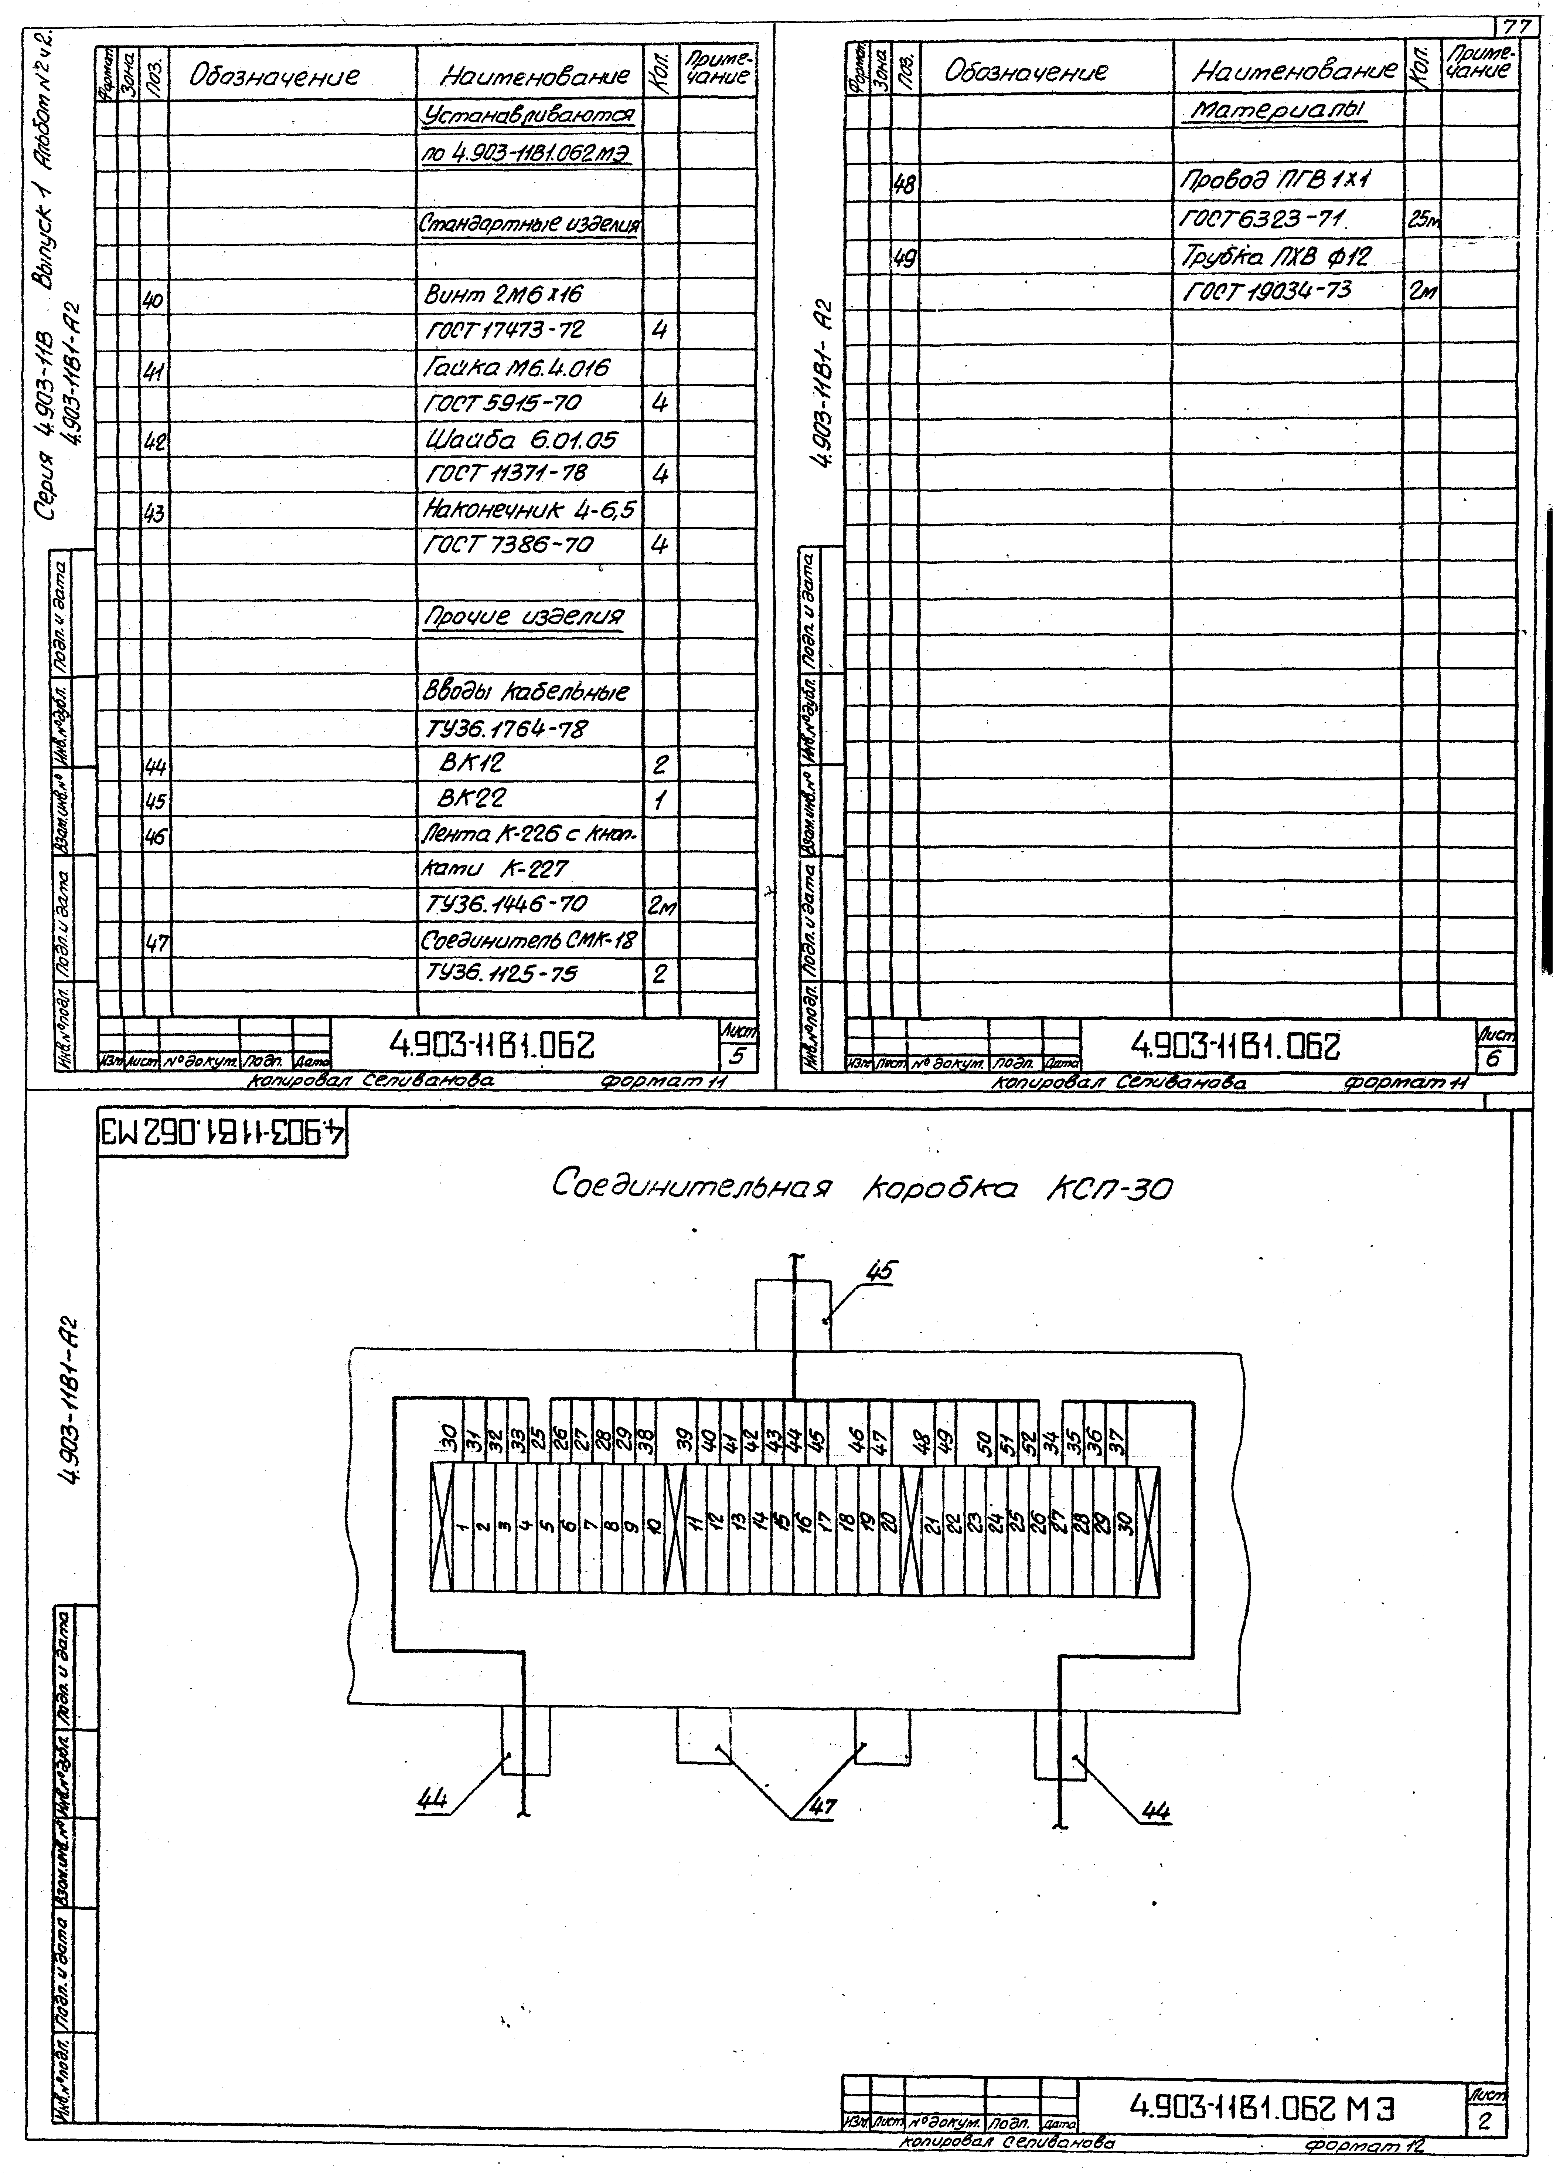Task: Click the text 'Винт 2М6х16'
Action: (503, 295)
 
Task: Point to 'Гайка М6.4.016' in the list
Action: (517, 367)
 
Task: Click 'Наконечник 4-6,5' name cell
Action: (529, 510)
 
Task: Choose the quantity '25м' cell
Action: (1422, 220)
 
